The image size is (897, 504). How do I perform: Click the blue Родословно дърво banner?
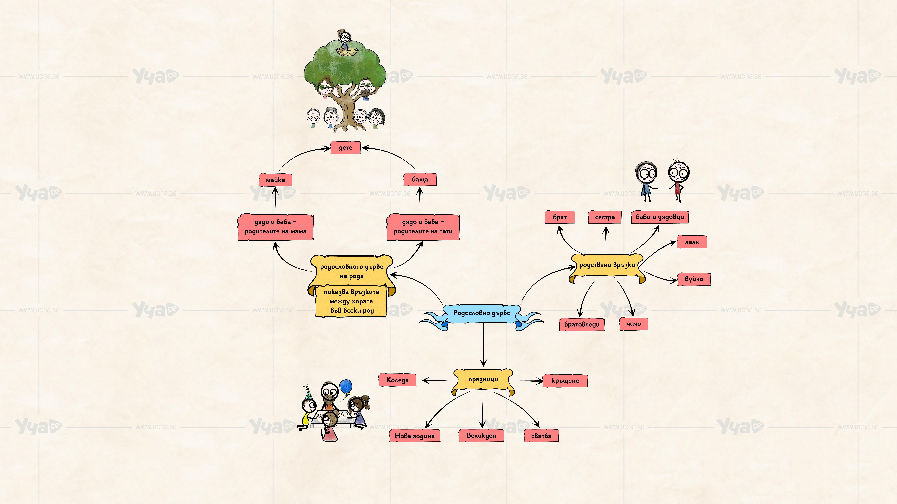(x=482, y=313)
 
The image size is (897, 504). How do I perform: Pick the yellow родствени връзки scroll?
(x=607, y=265)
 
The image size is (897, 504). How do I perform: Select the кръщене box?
(x=565, y=381)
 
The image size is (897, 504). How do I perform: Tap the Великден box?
(x=481, y=435)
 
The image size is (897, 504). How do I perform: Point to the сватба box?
(x=541, y=436)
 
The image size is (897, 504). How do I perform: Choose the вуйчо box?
(x=694, y=279)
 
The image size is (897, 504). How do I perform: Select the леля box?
(x=692, y=242)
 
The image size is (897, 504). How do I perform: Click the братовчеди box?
(x=582, y=324)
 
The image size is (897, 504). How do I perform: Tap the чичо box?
(x=633, y=324)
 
